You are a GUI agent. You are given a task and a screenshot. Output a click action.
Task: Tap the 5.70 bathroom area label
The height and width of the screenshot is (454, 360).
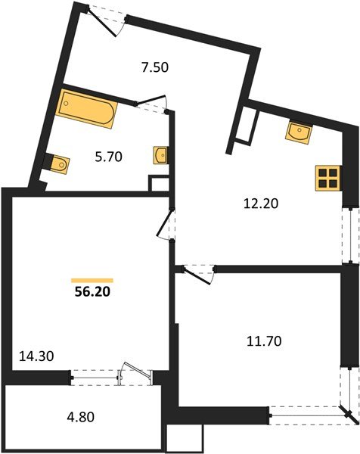click(108, 159)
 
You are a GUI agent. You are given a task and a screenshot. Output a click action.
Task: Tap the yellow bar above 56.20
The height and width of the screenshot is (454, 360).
click(92, 259)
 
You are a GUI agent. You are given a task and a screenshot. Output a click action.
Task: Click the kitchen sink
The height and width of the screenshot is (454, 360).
click(299, 132)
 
